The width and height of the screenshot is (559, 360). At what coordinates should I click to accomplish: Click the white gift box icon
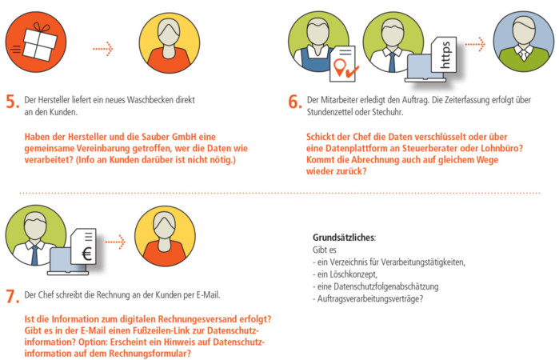pos(39,42)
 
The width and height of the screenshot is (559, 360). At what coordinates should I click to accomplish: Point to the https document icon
pos(444,54)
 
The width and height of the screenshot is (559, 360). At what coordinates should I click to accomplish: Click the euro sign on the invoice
pos(86,254)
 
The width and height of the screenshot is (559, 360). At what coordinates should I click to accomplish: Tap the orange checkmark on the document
pos(352,72)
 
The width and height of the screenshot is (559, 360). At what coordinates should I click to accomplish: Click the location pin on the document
pos(340,66)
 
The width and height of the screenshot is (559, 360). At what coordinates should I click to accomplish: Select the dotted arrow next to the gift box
pos(102,48)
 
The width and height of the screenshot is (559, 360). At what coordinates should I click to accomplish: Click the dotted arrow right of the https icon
pos(475,44)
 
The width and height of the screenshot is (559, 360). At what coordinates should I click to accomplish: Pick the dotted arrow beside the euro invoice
pos(115,242)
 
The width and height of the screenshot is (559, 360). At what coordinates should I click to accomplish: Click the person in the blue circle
pos(524,41)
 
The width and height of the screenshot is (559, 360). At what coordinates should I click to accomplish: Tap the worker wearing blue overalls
pos(316,43)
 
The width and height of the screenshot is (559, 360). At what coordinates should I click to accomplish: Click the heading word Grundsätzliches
pos(344,238)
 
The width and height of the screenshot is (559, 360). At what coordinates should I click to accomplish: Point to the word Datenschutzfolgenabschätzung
pos(386,286)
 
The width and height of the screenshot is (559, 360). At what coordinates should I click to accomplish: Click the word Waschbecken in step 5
pos(150,100)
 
